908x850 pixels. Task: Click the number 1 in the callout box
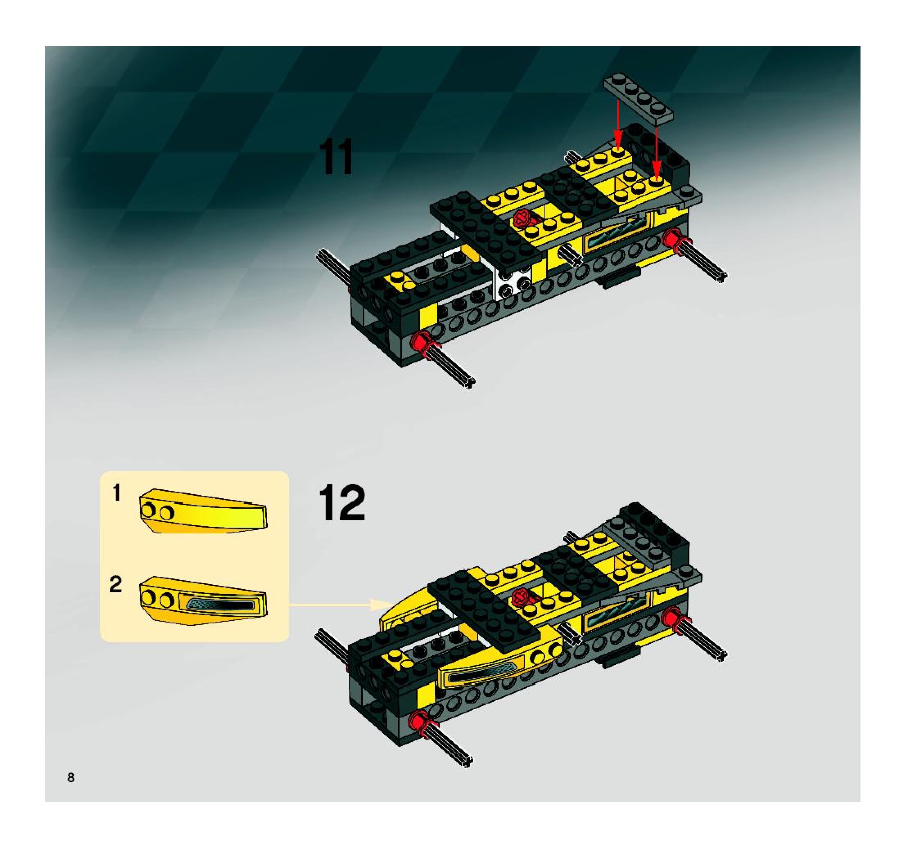117,493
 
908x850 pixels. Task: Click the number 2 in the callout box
115,585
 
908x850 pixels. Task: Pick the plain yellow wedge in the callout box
203,511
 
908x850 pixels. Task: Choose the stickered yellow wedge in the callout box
203,600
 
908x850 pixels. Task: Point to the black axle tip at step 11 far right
721,277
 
